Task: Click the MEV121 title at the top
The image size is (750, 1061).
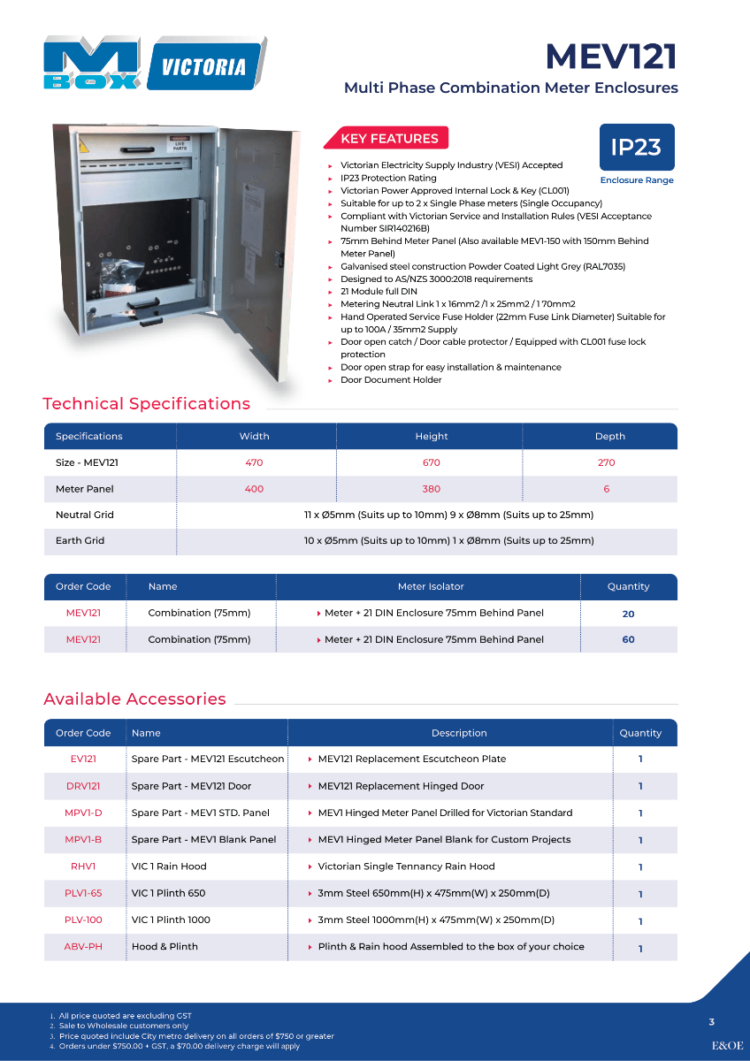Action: click(610, 56)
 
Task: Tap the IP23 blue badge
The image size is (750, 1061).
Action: click(636, 147)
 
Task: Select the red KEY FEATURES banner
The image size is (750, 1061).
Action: click(389, 139)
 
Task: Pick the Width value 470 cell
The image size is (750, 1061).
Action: click(254, 462)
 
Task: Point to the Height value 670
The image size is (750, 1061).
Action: click(432, 462)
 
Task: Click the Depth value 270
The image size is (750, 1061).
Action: click(606, 462)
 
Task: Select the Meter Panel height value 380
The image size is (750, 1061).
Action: click(432, 489)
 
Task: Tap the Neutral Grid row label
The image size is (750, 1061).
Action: click(85, 515)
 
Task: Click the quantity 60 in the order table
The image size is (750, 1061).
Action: click(628, 639)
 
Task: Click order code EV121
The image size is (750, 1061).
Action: click(83, 759)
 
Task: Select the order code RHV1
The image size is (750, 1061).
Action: click(83, 866)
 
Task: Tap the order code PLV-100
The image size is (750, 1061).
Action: click(83, 920)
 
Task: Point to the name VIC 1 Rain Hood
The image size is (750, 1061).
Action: click(169, 866)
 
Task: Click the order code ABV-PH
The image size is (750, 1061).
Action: click(83, 946)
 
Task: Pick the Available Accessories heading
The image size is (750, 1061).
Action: click(134, 699)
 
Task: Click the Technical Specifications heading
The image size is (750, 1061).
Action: click(147, 404)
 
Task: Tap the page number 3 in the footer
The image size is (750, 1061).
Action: click(712, 1022)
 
